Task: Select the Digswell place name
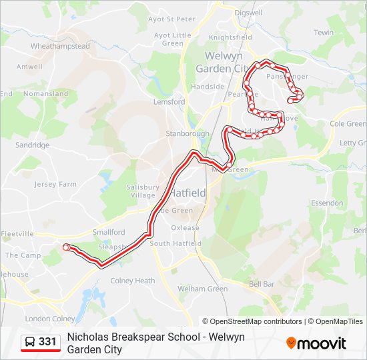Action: pos(248,12)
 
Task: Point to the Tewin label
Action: pos(324,33)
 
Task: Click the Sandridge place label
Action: pos(33,145)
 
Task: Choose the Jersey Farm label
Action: pos(55,184)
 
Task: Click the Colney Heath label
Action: pos(133,281)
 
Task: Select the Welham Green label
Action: pos(202,289)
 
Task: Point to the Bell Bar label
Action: pos(262,284)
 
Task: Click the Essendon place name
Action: pos(327,203)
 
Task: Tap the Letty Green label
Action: pos(351,143)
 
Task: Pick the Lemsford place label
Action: pos(169,102)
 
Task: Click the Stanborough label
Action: pos(187,134)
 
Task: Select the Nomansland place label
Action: pos(45,94)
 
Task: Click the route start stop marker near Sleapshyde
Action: pos(66,247)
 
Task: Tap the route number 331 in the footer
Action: pos(47,342)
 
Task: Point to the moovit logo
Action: pos(316,343)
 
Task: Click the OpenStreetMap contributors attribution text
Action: pos(252,321)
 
